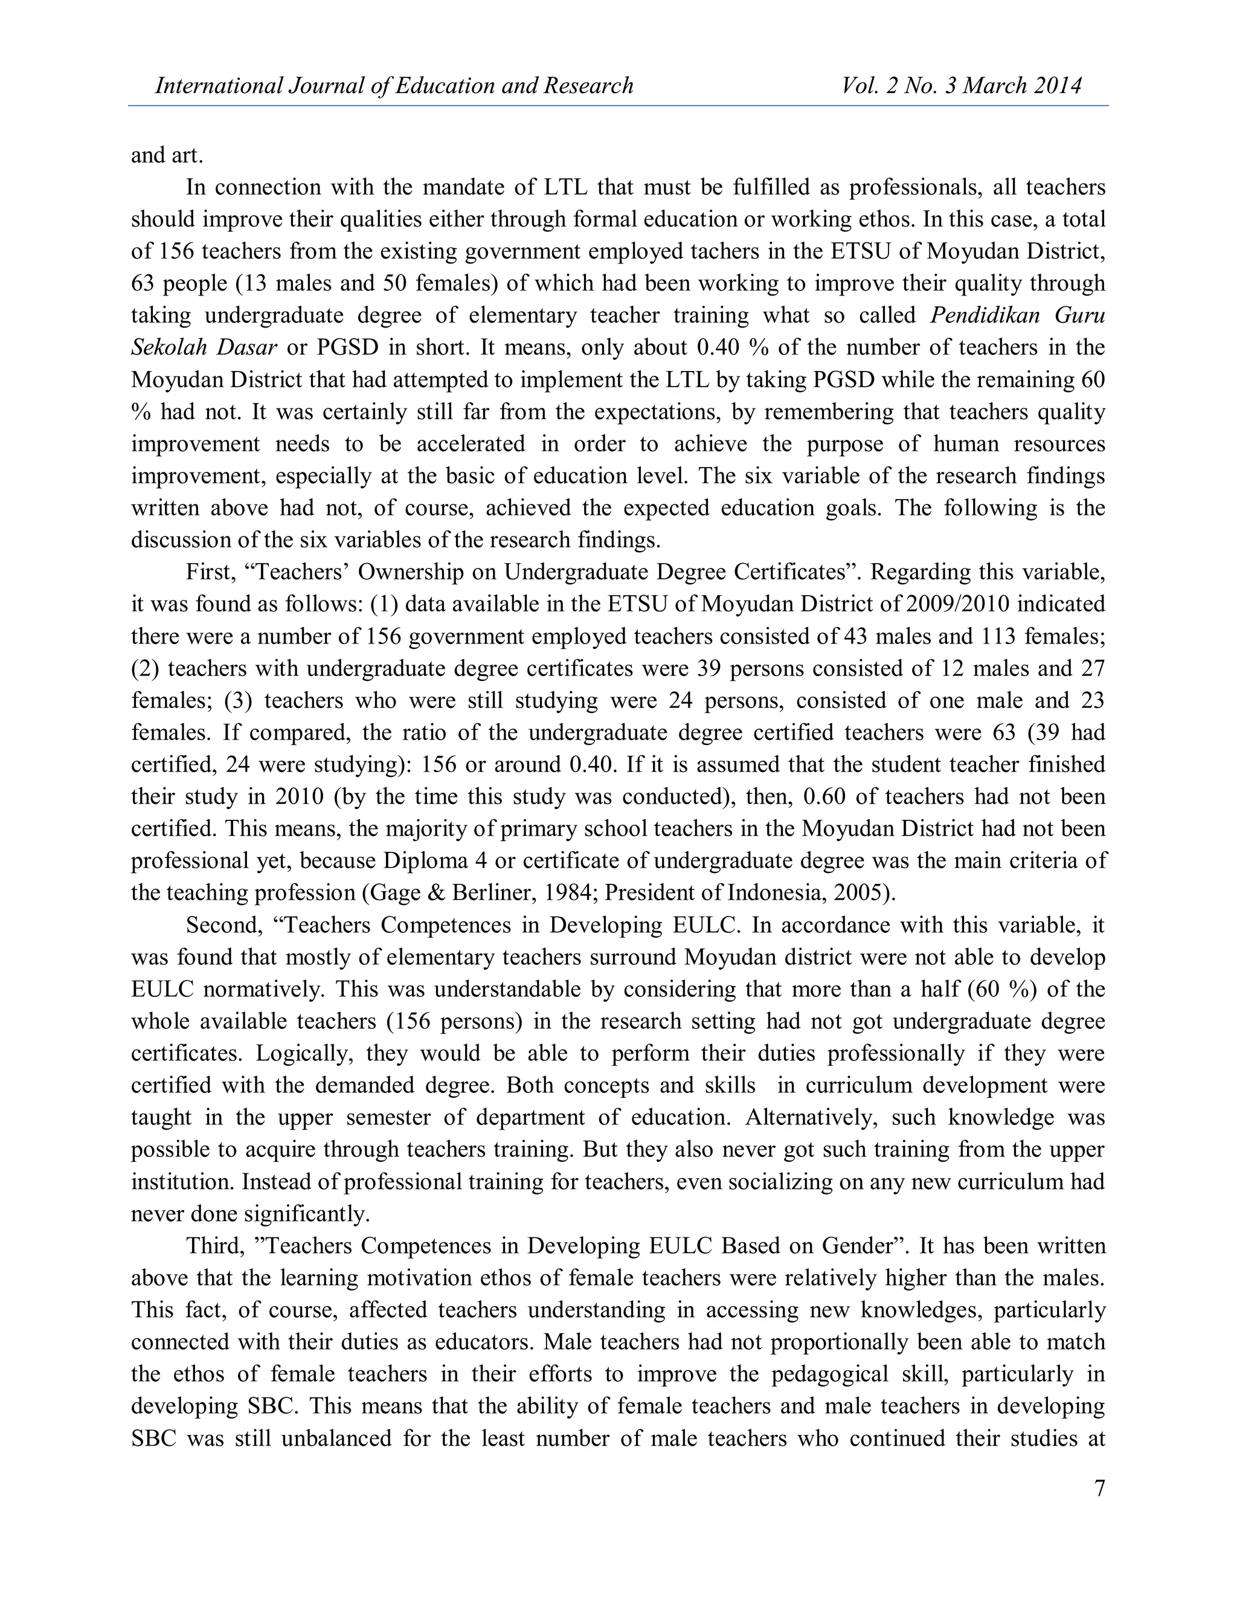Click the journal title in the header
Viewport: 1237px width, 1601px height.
click(x=394, y=86)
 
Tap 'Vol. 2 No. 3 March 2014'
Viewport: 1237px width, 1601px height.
click(x=962, y=86)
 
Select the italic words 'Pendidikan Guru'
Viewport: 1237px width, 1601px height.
click(x=1017, y=315)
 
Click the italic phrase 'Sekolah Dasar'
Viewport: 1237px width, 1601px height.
click(x=203, y=347)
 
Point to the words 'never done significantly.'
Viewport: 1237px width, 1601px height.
click(x=251, y=1214)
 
